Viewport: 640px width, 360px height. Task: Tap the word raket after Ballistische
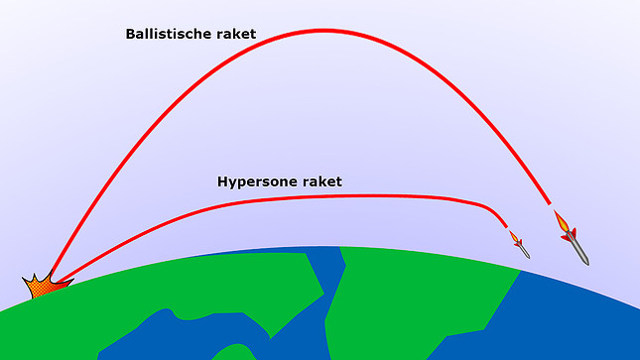click(x=233, y=34)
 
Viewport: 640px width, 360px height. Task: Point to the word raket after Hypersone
click(x=320, y=181)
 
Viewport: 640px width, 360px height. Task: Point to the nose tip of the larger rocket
click(x=588, y=264)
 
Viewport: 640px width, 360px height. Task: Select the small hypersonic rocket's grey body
click(x=523, y=250)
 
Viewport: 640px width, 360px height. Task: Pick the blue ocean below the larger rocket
click(x=585, y=317)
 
